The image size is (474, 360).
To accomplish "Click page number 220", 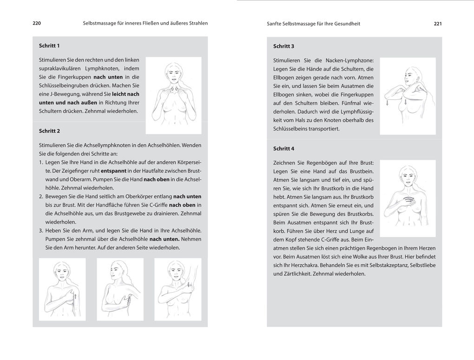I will [37, 23].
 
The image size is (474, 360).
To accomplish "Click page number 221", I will [437, 24].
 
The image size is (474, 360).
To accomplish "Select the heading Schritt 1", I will [49, 46].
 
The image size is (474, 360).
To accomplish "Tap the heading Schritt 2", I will [49, 131].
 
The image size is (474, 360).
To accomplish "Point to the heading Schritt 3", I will [284, 46].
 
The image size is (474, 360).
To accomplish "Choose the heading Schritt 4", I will [284, 149].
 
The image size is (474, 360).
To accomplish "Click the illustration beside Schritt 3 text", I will [408, 96].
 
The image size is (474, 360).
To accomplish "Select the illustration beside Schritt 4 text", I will [408, 198].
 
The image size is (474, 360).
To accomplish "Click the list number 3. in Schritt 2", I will [41, 230].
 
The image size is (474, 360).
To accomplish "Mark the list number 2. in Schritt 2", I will [41, 196].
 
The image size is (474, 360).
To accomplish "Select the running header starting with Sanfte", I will [314, 24].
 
